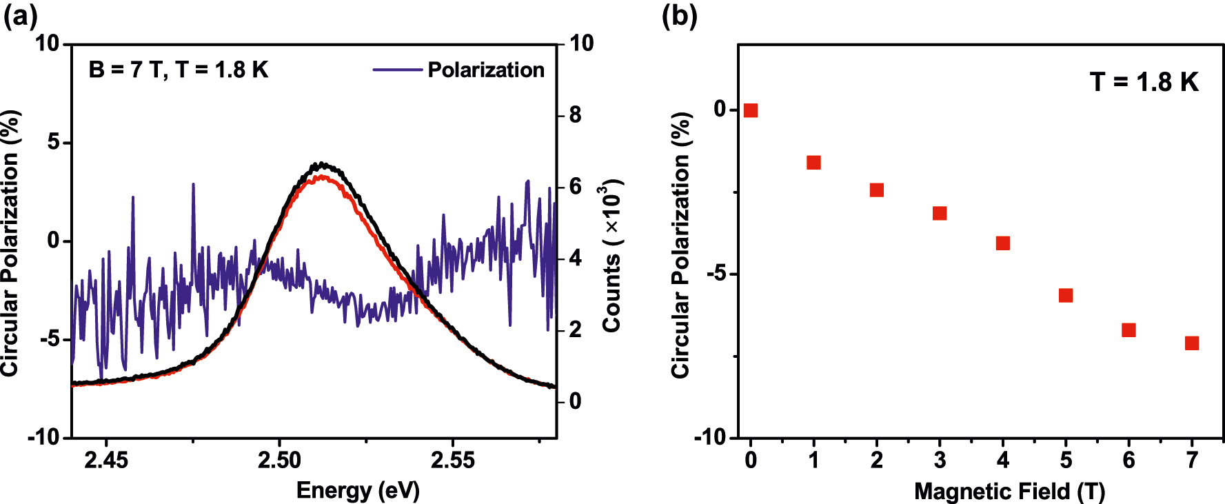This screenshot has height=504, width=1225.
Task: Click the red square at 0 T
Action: [x=751, y=110]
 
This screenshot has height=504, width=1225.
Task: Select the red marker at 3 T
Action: [x=940, y=213]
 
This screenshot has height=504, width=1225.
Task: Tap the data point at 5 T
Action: [x=1066, y=295]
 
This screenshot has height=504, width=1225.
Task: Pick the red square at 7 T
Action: [x=1192, y=343]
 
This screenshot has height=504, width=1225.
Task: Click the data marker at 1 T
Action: [x=813, y=163]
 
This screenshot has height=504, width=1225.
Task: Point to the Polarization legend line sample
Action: [x=397, y=70]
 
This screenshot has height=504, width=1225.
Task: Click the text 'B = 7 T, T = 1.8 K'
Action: [x=178, y=70]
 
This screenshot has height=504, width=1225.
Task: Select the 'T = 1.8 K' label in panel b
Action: [x=1144, y=82]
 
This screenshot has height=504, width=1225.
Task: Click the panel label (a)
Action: [x=20, y=15]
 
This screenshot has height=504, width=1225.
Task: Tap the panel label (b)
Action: [x=679, y=15]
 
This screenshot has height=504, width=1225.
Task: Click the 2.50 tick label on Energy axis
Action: [x=279, y=460]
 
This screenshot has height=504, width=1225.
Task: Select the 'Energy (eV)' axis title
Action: [x=358, y=490]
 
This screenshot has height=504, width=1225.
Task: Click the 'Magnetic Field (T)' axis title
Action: [x=1009, y=491]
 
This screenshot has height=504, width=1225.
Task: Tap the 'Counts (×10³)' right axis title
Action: [x=612, y=255]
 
